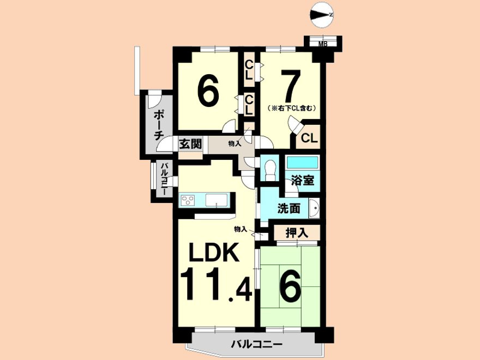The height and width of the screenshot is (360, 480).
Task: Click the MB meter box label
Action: pyautogui.click(x=323, y=44)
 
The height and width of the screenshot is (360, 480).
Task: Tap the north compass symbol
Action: pyautogui.click(x=321, y=14)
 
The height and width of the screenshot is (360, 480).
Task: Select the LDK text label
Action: pyautogui.click(x=214, y=252)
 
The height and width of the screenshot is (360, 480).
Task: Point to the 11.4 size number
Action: pyautogui.click(x=216, y=285)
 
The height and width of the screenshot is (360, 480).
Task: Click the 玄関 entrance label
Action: pyautogui.click(x=190, y=143)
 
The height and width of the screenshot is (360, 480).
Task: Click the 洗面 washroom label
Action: pyautogui.click(x=289, y=209)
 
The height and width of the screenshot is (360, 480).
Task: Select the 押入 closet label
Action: pyautogui.click(x=296, y=233)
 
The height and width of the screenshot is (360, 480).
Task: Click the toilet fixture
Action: pyautogui.click(x=269, y=171)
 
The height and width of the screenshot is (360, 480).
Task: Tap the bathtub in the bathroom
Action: pyautogui.click(x=302, y=162)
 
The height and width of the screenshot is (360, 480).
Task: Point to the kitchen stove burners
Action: pyautogui.click(x=187, y=201)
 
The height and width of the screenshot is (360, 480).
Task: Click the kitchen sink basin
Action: pyautogui.click(x=217, y=201)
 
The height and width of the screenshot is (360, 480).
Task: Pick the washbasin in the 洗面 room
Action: pyautogui.click(x=314, y=208)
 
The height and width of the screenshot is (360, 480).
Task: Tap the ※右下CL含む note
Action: pyautogui.click(x=291, y=108)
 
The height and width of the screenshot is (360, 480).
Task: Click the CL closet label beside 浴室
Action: pyautogui.click(x=309, y=139)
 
